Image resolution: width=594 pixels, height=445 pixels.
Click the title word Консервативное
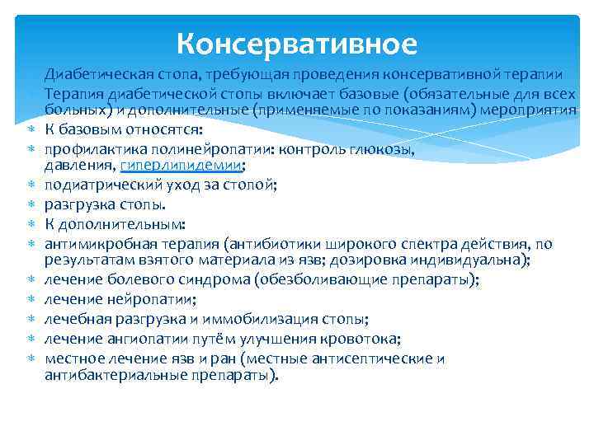297,41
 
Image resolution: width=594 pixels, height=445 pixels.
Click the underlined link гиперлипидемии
172,165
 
